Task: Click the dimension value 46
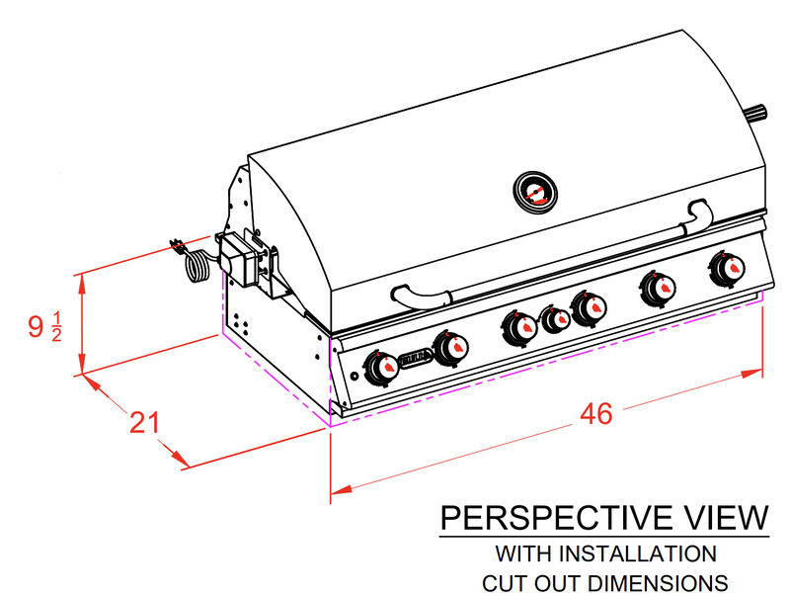click(595, 414)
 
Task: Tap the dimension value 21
click(145, 422)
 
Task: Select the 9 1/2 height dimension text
click(44, 326)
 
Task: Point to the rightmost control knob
click(729, 267)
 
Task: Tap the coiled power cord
click(197, 265)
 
